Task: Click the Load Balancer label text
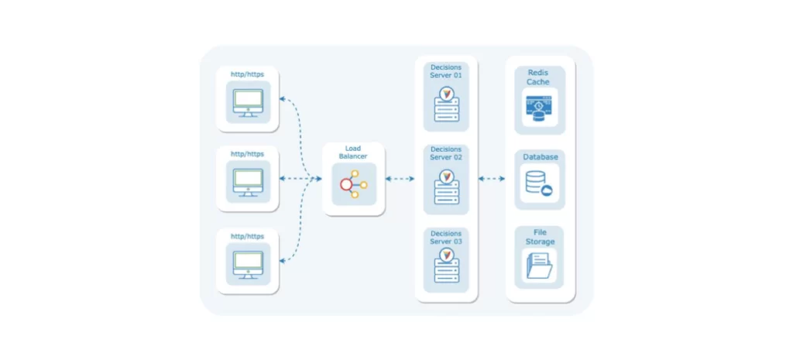click(353, 152)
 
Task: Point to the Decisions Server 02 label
click(446, 153)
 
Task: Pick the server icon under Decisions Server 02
click(446, 187)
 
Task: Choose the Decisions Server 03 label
click(446, 238)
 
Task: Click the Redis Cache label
click(539, 77)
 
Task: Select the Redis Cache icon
click(539, 108)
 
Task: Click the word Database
click(540, 156)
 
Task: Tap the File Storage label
click(540, 237)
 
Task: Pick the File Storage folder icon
click(539, 266)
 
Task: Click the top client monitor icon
click(248, 102)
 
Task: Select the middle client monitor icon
click(248, 180)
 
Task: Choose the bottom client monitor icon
click(248, 262)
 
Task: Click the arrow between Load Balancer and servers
click(400, 179)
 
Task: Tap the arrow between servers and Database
click(492, 179)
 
